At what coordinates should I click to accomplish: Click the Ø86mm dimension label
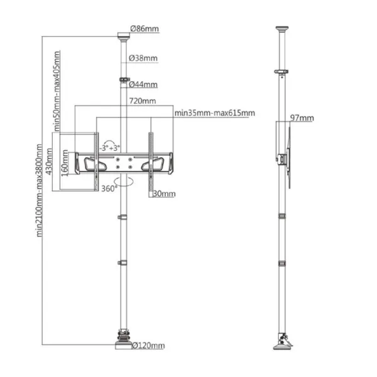click(145, 29)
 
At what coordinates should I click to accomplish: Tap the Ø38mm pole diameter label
click(143, 58)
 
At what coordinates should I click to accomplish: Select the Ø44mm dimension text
click(143, 84)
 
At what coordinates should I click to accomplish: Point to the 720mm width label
click(143, 101)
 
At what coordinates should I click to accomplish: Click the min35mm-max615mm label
click(215, 112)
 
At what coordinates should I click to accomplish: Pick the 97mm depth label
click(302, 118)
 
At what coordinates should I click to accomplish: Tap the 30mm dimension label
click(164, 194)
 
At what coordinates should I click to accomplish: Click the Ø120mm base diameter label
click(148, 346)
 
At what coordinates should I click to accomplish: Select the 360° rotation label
click(109, 188)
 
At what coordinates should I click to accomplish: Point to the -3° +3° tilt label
click(109, 148)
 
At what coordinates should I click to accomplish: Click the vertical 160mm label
click(65, 163)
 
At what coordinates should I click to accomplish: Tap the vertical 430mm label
click(49, 161)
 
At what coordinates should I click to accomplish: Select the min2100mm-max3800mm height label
click(39, 190)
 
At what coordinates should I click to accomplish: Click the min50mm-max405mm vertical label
click(57, 91)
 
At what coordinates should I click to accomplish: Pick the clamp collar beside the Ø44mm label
click(124, 79)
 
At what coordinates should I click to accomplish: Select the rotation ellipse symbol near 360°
click(124, 182)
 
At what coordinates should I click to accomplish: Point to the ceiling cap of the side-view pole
click(281, 29)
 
